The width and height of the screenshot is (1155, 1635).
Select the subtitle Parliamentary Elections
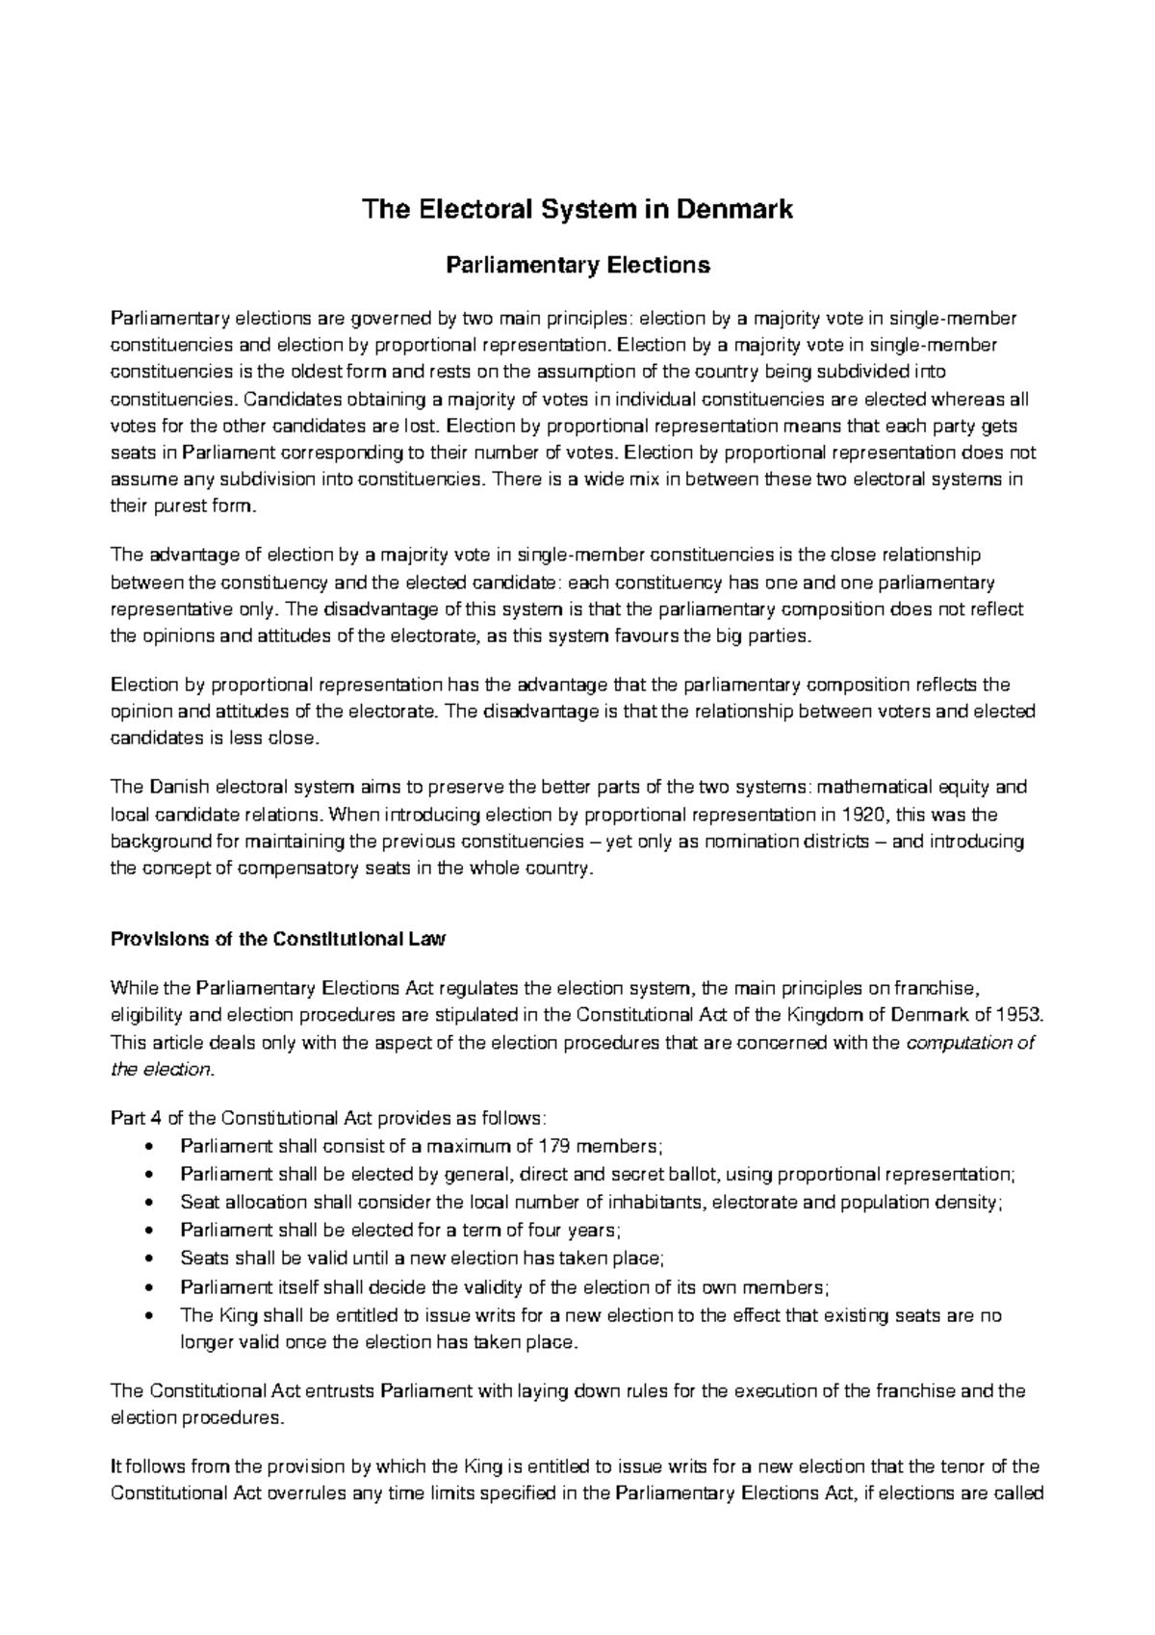pyautogui.click(x=577, y=265)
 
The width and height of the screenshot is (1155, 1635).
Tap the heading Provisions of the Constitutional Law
pyautogui.click(x=278, y=940)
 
